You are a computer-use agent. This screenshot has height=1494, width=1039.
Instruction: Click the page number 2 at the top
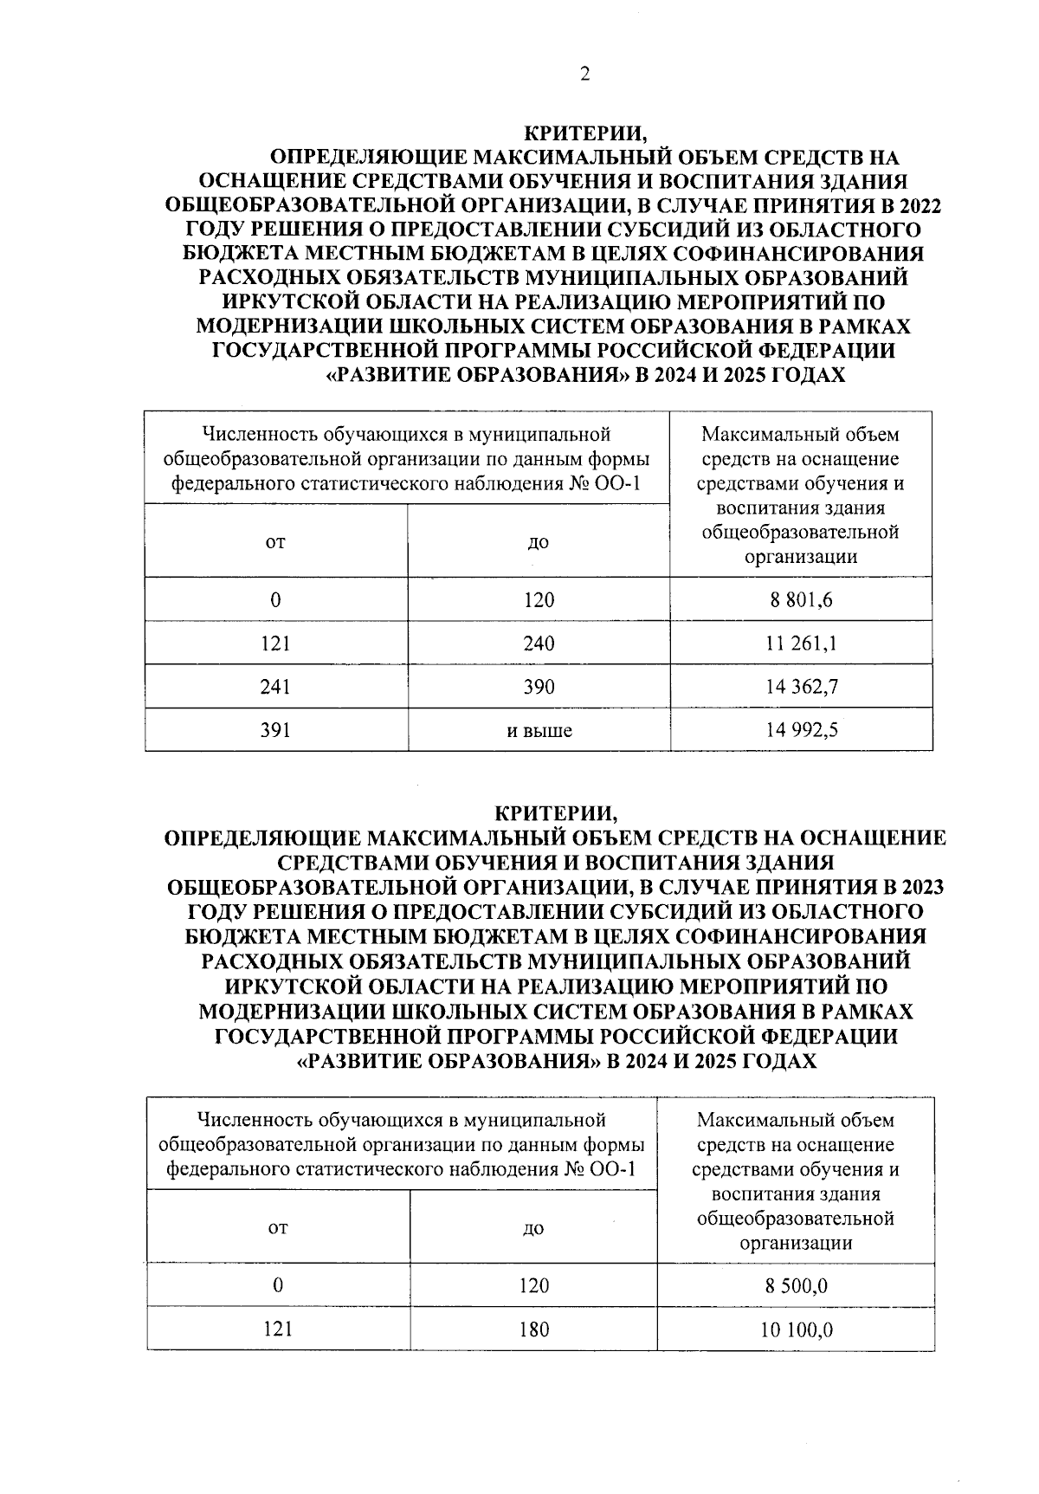point(584,75)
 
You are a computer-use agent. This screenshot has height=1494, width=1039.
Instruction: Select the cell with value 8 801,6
point(801,599)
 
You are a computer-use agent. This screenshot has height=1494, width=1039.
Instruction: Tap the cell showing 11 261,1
point(801,644)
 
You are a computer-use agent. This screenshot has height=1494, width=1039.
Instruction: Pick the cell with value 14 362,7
point(801,687)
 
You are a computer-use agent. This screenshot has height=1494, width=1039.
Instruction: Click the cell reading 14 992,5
point(801,730)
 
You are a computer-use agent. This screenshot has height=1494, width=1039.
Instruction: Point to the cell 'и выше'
point(539,731)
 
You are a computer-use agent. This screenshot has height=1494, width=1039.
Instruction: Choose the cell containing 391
point(275,730)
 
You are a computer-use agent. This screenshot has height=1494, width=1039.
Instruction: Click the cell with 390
point(539,687)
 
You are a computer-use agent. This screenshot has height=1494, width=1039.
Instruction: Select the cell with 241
point(275,687)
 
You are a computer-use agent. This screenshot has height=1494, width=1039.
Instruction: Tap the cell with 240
point(539,644)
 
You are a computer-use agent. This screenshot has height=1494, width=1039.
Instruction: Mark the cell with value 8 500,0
point(796,1286)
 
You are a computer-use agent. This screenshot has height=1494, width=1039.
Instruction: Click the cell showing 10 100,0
point(796,1329)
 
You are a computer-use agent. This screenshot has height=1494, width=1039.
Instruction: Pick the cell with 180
point(533,1329)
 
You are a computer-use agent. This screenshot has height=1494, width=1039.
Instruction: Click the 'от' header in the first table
point(275,542)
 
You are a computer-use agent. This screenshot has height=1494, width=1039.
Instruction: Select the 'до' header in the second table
point(533,1228)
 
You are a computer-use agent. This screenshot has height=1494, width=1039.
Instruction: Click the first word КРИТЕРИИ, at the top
point(584,134)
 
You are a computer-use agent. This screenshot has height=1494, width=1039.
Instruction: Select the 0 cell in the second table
point(277,1286)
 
